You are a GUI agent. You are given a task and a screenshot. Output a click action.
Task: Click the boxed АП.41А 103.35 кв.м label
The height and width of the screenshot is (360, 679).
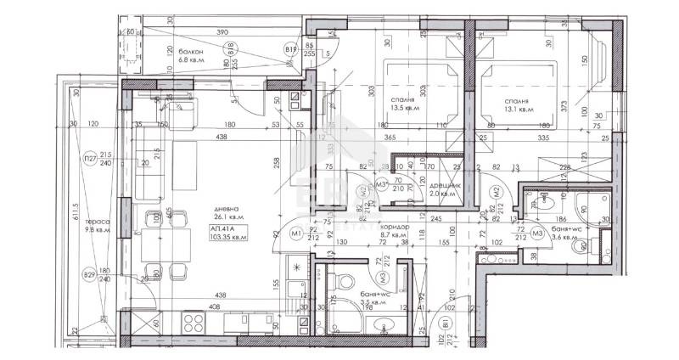[x=227, y=233]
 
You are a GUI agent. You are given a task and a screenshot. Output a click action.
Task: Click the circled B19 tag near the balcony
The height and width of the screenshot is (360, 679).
[x=290, y=50]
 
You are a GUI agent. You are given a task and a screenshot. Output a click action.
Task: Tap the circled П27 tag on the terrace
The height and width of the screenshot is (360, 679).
[x=89, y=159]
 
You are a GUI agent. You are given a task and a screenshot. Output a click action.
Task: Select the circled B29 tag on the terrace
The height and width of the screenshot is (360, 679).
[x=89, y=274]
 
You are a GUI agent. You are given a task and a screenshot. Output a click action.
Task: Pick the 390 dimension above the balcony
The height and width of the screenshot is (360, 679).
[x=222, y=31]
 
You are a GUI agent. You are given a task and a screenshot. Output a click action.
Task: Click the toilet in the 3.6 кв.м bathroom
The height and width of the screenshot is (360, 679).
[x=548, y=205]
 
